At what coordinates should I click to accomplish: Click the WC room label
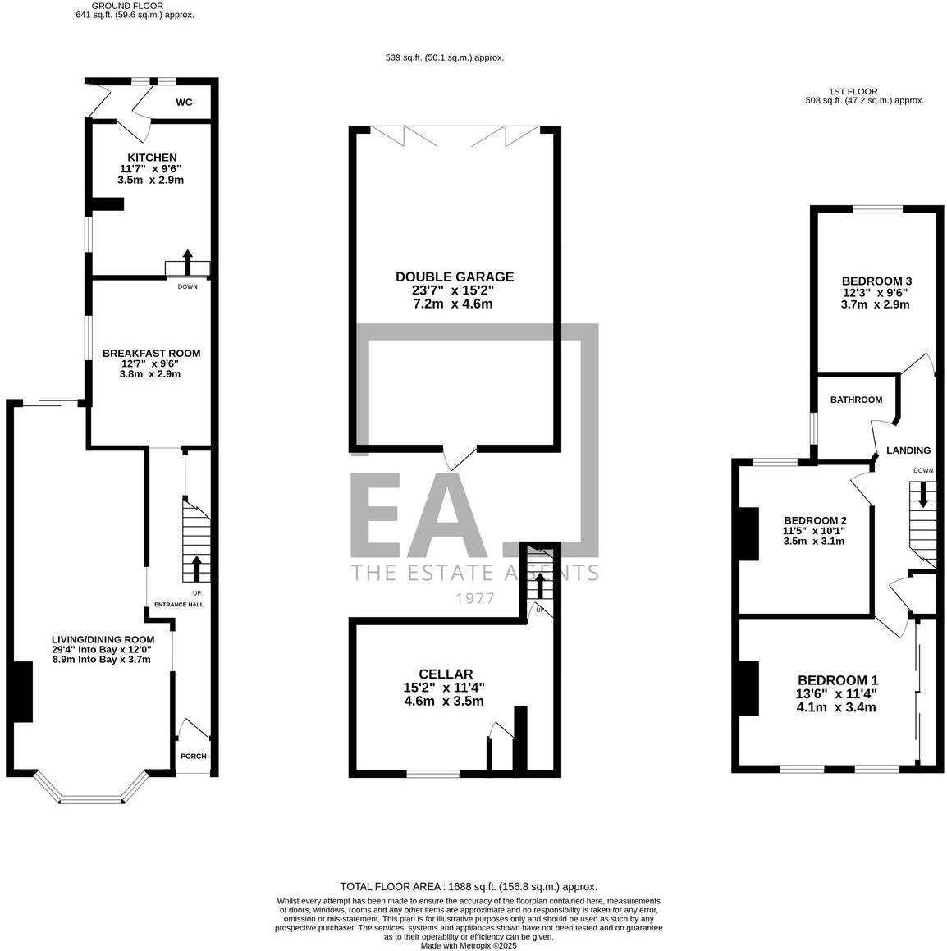(x=184, y=103)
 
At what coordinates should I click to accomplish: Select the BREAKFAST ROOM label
(x=151, y=353)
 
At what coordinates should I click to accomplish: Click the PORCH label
(x=194, y=757)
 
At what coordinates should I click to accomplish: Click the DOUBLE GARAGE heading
(x=455, y=277)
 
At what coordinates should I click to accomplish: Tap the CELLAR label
(x=444, y=674)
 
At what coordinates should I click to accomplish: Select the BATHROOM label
(x=856, y=400)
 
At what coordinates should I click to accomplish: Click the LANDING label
(x=908, y=450)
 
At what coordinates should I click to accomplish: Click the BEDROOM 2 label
(x=815, y=520)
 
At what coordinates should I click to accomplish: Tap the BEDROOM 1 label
(x=838, y=680)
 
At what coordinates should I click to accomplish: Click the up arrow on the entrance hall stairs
(x=196, y=568)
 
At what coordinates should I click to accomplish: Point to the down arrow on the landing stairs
(x=923, y=495)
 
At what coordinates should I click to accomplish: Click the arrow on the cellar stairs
(x=539, y=585)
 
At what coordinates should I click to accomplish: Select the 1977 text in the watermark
(x=475, y=598)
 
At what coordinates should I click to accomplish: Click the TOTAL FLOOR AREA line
(x=469, y=887)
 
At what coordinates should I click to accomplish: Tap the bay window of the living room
(x=90, y=797)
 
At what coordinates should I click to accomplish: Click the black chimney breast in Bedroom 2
(x=748, y=534)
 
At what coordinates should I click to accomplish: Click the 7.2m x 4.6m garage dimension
(x=454, y=304)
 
